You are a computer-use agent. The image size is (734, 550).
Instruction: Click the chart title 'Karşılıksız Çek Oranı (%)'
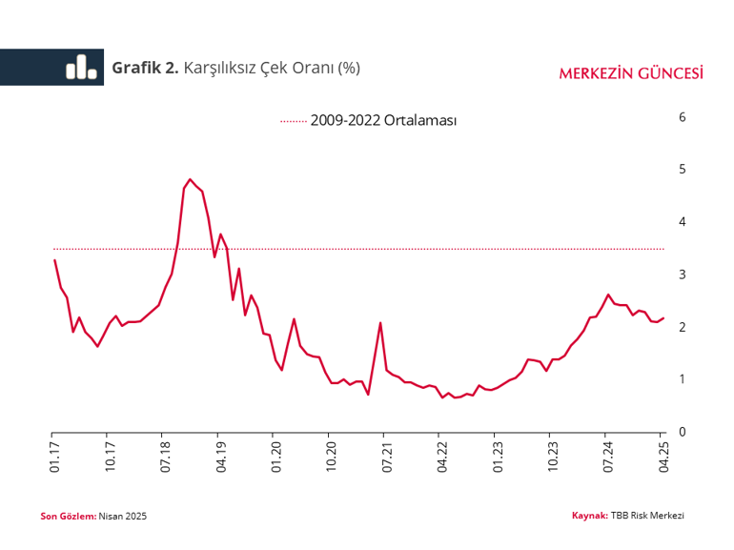(271, 68)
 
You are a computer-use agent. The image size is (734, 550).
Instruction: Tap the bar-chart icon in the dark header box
(81, 67)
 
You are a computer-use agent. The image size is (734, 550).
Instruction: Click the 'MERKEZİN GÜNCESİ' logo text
(631, 73)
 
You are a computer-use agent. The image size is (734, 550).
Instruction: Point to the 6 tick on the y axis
(682, 117)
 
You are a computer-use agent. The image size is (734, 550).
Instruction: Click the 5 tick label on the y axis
(682, 170)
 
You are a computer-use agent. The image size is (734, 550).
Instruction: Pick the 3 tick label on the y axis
(682, 275)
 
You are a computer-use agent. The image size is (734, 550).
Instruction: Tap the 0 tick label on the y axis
(682, 432)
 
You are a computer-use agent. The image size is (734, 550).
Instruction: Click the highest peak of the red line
(190, 179)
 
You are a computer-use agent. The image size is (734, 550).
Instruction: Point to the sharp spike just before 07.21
(380, 323)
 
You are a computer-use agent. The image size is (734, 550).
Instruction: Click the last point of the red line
(663, 318)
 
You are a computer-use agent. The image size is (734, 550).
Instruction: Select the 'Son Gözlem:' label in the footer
(68, 516)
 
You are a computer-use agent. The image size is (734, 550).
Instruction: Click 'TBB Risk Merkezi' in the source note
(647, 515)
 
